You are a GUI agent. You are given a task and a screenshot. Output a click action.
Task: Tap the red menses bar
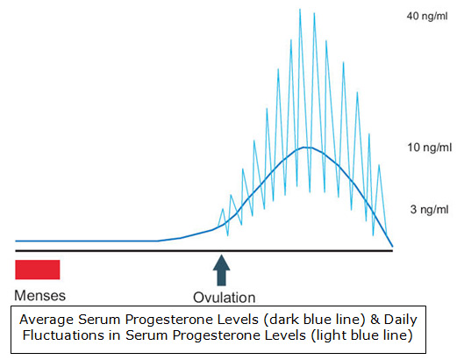tap(37, 269)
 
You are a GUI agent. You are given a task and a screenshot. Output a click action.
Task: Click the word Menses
tap(39, 295)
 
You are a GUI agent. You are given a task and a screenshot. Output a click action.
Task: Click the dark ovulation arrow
tap(221, 269)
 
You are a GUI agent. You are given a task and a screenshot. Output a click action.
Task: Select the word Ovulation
tap(225, 297)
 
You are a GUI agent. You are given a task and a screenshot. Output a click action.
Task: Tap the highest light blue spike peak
tap(300, 10)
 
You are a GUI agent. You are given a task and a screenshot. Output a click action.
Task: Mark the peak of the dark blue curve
tap(303, 147)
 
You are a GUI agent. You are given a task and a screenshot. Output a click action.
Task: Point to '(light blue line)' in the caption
tap(361, 336)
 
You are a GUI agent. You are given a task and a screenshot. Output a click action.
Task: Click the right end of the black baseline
tap(392, 251)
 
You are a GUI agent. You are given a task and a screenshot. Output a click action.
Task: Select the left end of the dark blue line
tap(17, 240)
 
